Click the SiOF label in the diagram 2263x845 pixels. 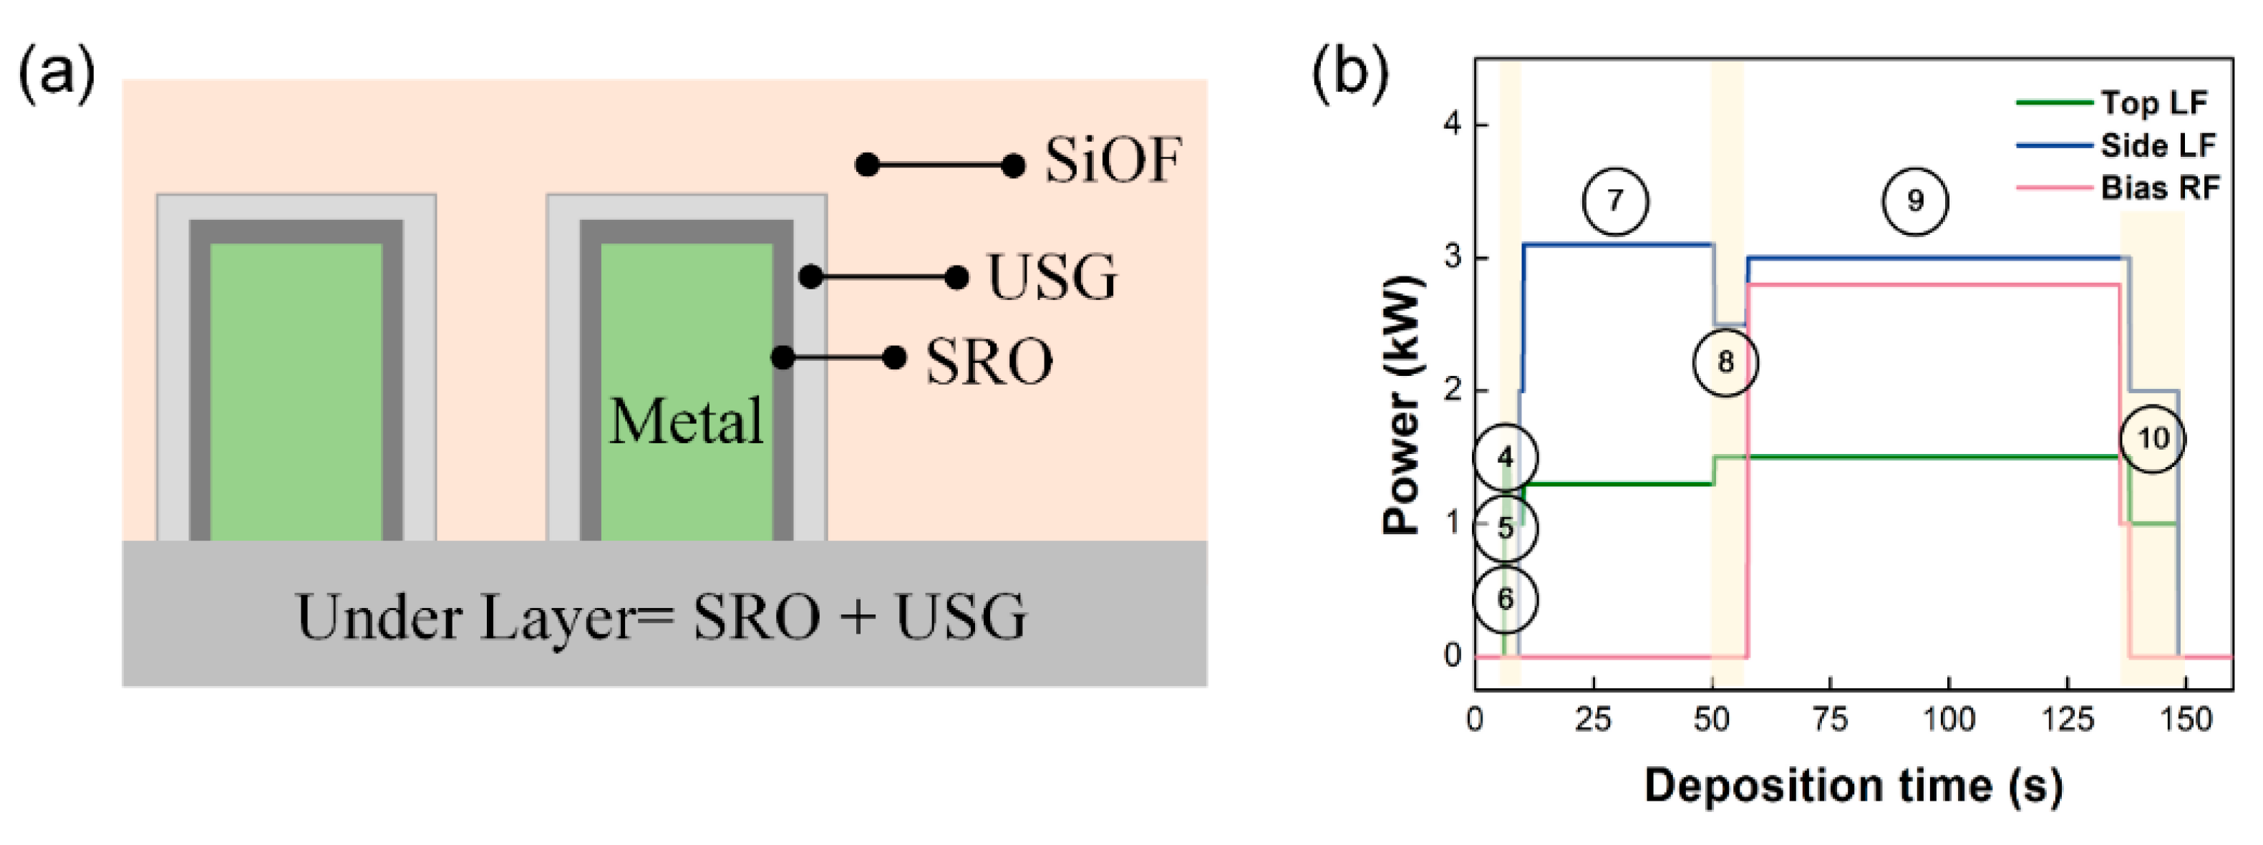tap(1113, 162)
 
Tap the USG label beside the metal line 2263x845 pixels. tap(1052, 278)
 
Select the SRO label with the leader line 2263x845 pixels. tap(989, 361)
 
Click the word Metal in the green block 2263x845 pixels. tap(686, 422)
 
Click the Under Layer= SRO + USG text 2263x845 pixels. tap(661, 617)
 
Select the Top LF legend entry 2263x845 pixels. tap(2154, 103)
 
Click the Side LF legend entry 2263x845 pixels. tap(2158, 145)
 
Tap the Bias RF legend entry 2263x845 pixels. tap(2159, 188)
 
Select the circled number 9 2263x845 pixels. tap(1914, 201)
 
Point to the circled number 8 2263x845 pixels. tap(1725, 362)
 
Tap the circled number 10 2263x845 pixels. tap(2152, 438)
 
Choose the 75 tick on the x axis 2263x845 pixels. tap(1830, 720)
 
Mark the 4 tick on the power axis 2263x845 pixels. tap(1452, 125)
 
